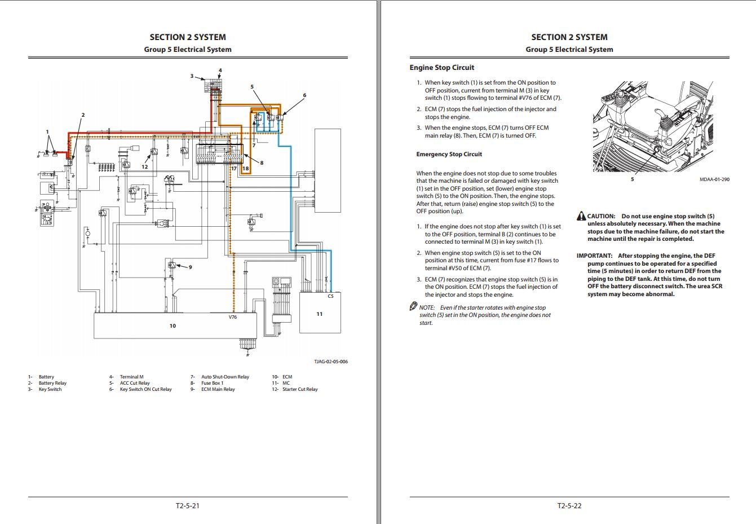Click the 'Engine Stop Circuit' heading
pos(441,68)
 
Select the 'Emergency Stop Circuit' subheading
pos(449,154)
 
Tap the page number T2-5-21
pos(188,505)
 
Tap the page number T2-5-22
pos(569,505)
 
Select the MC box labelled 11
pos(319,314)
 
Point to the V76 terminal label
pos(233,317)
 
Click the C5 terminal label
pos(330,296)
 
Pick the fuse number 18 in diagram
pos(245,169)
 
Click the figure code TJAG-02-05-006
pos(330,362)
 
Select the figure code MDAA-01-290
pos(714,179)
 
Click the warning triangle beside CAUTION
pos(581,217)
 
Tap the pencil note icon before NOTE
pos(413,307)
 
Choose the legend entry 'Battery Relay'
pos(52,383)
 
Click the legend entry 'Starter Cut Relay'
pos(300,389)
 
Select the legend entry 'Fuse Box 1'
pos(212,383)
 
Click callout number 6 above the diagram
pos(304,95)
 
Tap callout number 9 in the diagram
pos(190,267)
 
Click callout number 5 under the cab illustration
pos(632,179)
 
